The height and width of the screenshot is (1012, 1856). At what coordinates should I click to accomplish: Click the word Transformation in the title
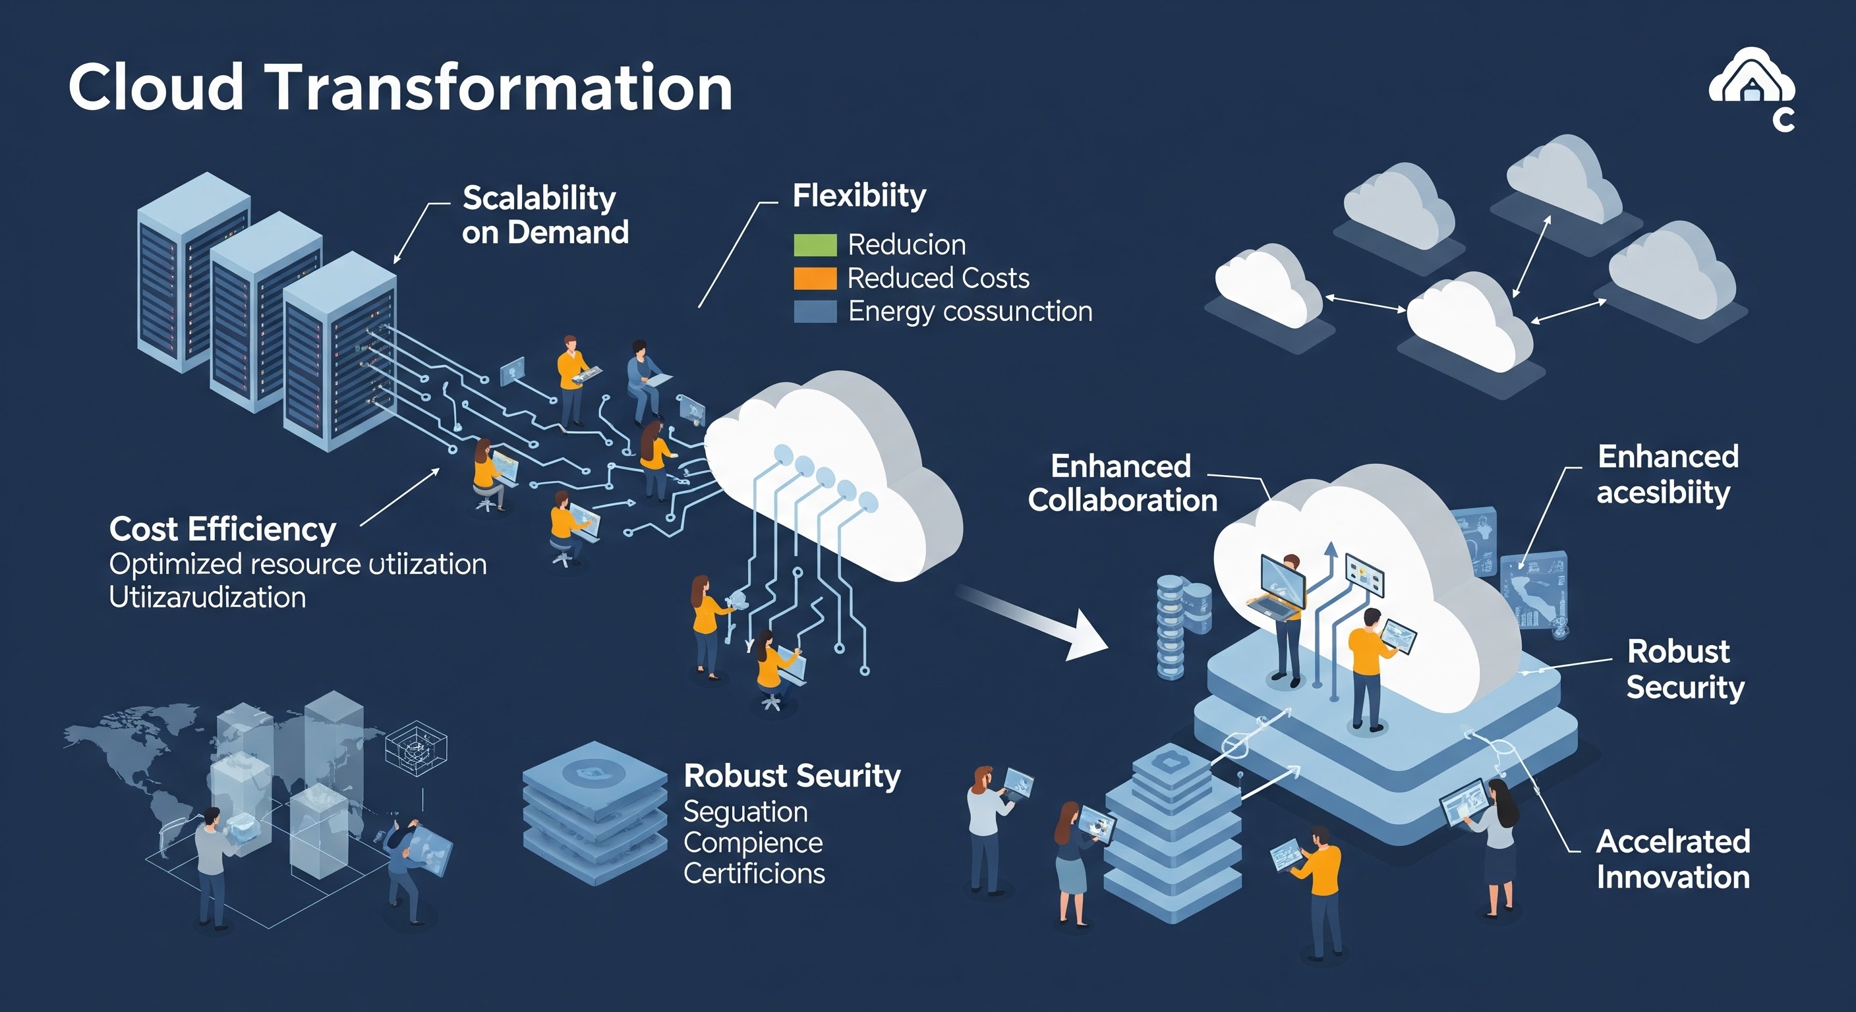[x=501, y=87]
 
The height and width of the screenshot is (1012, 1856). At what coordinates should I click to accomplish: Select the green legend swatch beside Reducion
[x=815, y=245]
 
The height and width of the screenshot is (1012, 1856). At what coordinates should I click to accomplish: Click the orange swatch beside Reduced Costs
[x=815, y=278]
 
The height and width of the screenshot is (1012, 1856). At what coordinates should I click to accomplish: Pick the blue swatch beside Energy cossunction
[x=815, y=311]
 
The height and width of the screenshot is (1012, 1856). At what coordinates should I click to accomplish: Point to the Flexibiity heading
[x=859, y=196]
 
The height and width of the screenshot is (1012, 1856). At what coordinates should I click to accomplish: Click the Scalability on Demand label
[x=544, y=215]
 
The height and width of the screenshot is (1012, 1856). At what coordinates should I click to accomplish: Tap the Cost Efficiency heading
[x=223, y=530]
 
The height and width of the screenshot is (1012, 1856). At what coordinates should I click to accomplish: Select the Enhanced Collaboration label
[x=1122, y=484]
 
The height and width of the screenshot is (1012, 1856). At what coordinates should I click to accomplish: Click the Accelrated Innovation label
[x=1673, y=859]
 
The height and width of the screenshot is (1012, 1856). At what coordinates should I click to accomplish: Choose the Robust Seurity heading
[x=792, y=775]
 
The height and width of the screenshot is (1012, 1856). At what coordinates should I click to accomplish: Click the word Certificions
[x=753, y=874]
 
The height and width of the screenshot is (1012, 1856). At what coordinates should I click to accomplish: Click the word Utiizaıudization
[x=208, y=598]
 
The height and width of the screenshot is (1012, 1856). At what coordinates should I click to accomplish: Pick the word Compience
[x=753, y=843]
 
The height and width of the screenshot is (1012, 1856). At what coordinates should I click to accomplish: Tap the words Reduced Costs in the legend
[x=938, y=278]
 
